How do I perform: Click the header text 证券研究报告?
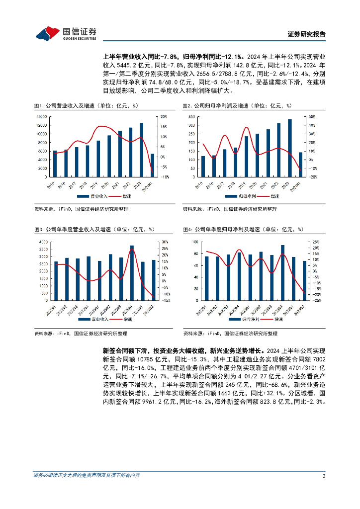click(307, 34)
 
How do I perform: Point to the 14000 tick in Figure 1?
click(42, 117)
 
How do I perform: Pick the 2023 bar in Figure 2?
click(290, 148)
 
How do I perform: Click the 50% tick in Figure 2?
click(312, 117)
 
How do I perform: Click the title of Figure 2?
click(237, 106)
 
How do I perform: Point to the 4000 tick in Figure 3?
click(43, 242)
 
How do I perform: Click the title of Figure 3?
click(94, 229)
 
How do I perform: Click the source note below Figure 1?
click(81, 209)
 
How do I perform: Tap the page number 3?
click(324, 476)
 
